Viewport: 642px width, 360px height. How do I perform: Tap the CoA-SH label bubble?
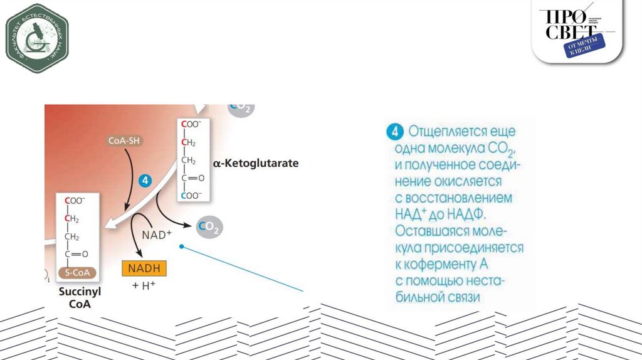(x=124, y=141)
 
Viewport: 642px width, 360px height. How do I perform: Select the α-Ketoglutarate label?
(x=256, y=163)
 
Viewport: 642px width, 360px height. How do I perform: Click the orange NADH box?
(x=144, y=268)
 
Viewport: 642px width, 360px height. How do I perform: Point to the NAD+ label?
(x=157, y=235)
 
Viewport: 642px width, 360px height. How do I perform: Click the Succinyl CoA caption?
(x=80, y=297)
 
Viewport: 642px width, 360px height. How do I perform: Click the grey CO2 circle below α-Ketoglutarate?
(x=208, y=227)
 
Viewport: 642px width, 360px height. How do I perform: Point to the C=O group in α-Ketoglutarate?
(x=193, y=178)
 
